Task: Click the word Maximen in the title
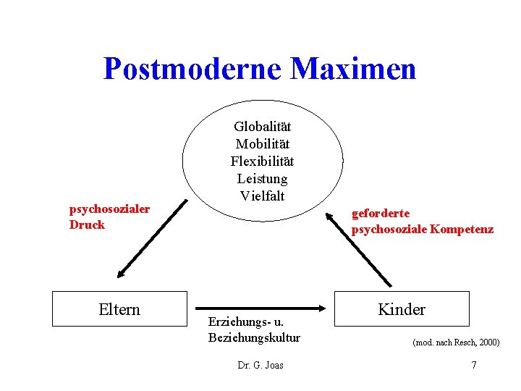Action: pos(353,69)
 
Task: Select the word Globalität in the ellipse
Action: pos(262,127)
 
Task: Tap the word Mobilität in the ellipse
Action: pos(262,144)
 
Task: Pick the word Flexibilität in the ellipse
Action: pos(262,161)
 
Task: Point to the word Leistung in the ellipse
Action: pos(262,178)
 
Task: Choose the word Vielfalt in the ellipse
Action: pos(262,195)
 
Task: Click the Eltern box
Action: pos(119,309)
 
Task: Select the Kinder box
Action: pos(402,309)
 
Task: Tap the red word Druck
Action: pos(87,224)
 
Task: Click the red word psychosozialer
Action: pos(109,209)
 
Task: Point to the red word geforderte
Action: pos(381,214)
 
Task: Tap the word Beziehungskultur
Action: pos(253,337)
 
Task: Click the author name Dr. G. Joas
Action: pos(260,365)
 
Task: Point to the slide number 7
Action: pos(473,365)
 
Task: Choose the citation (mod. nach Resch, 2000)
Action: pos(455,342)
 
